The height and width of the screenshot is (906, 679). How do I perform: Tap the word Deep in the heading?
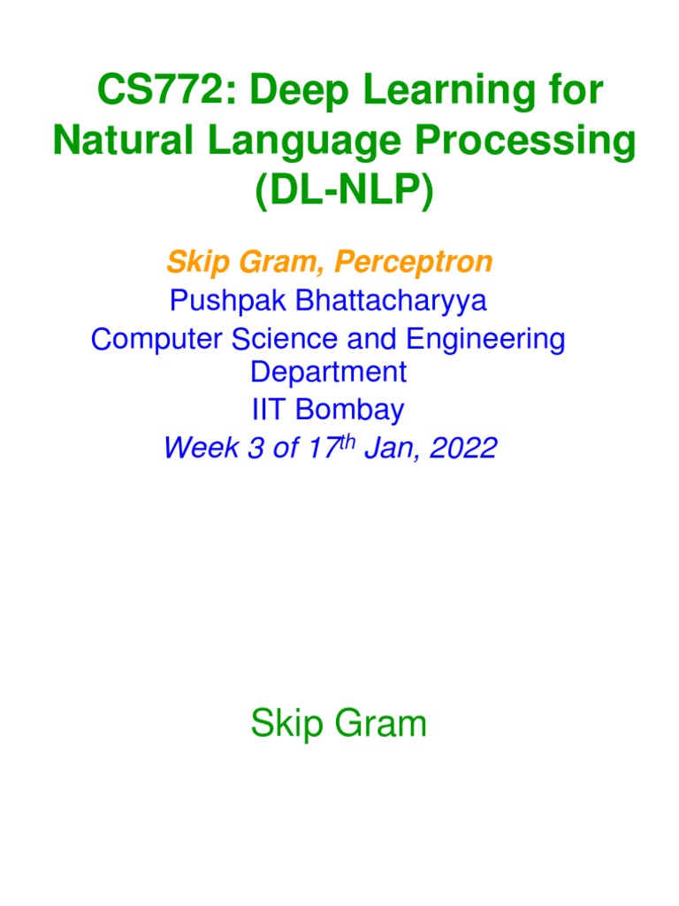(293, 93)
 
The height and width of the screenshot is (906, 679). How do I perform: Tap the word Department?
(328, 372)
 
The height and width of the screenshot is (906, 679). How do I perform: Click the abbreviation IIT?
(271, 410)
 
